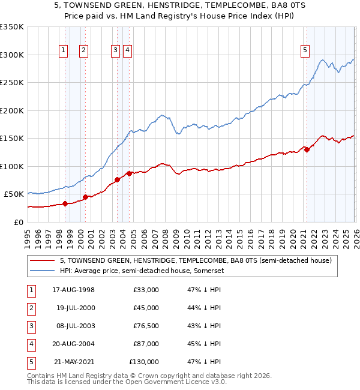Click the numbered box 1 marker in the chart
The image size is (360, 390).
[64, 50]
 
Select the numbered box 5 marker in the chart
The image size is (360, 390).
[305, 50]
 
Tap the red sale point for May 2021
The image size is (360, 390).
[307, 149]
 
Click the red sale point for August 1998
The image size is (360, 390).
[65, 203]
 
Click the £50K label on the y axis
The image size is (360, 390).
[14, 194]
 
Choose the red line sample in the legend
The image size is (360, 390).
[42, 260]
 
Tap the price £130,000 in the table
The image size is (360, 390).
[144, 362]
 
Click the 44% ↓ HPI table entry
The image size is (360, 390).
[204, 308]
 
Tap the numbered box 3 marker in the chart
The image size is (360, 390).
[115, 50]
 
